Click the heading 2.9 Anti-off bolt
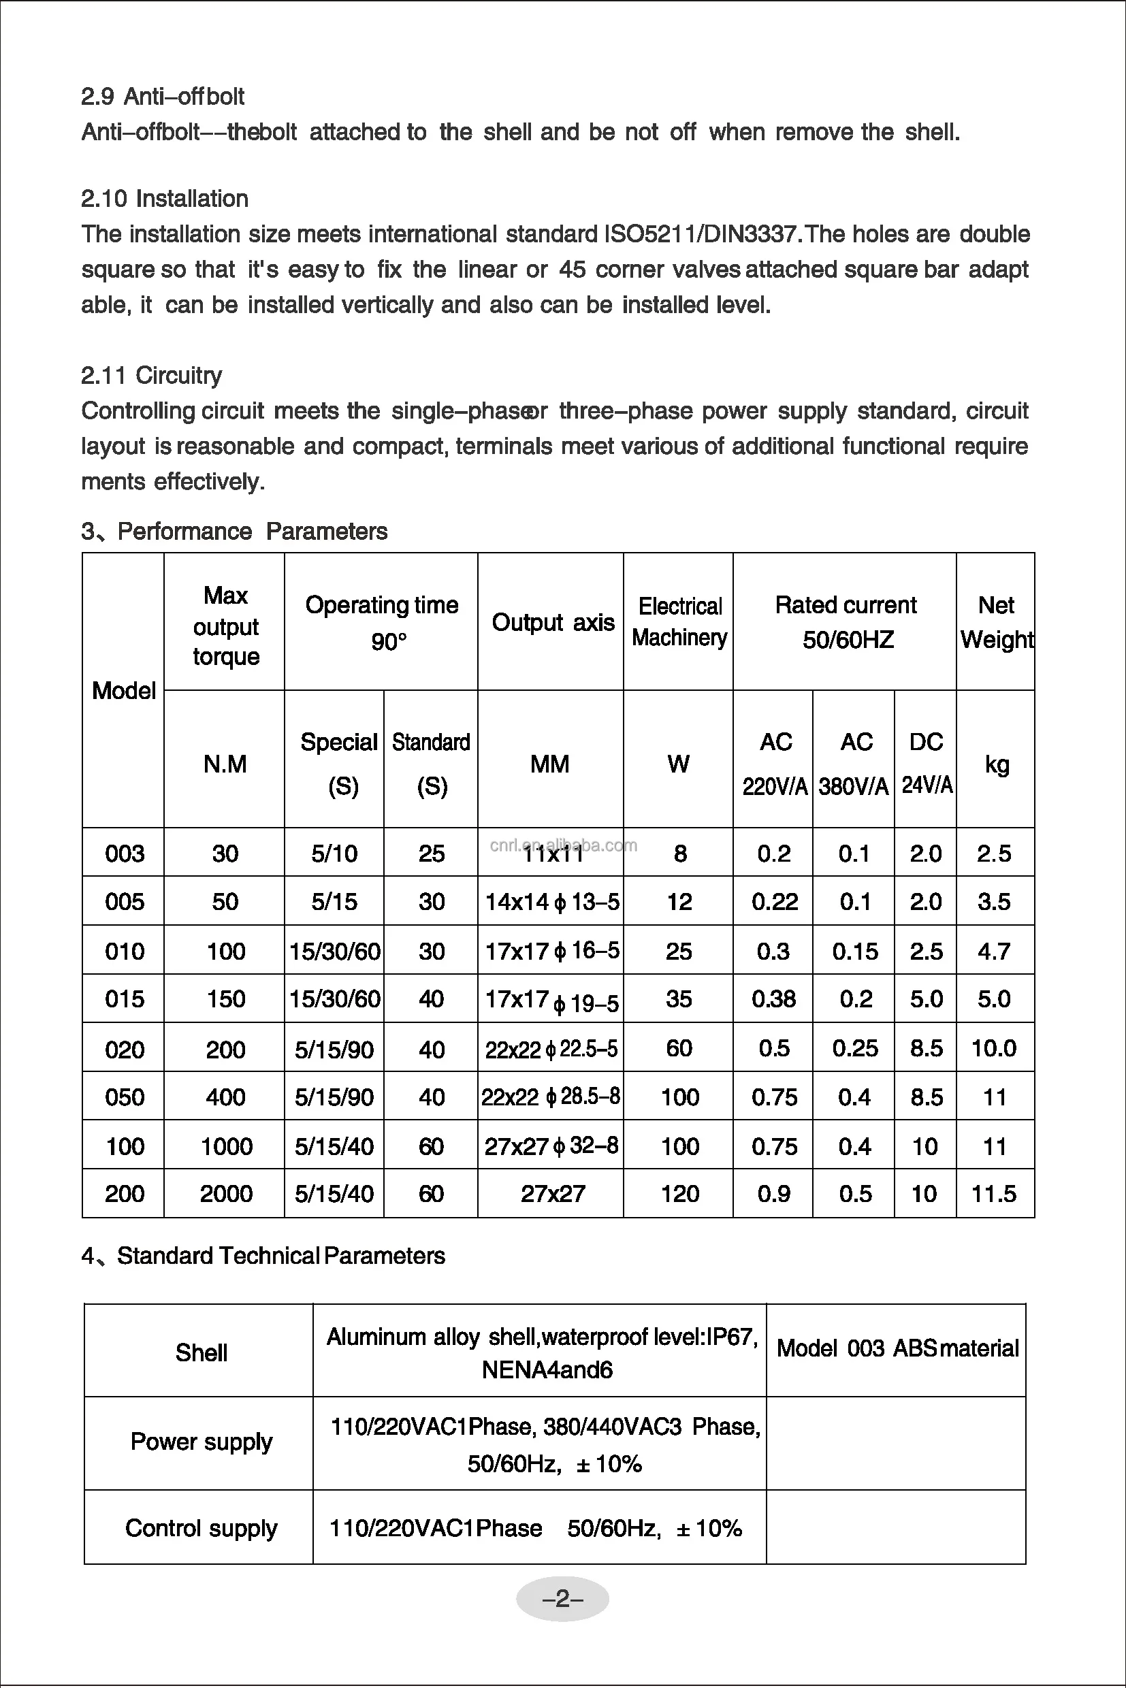pyautogui.click(x=162, y=96)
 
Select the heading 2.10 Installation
pyautogui.click(x=165, y=198)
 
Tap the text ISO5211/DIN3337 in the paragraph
pyautogui.click(x=700, y=234)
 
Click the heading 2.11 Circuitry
pyautogui.click(x=152, y=375)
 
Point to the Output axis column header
pyautogui.click(x=552, y=623)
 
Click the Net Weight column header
pyautogui.click(x=996, y=622)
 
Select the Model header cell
pyautogui.click(x=123, y=690)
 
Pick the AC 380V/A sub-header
pyautogui.click(x=854, y=763)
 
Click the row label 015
pyautogui.click(x=124, y=999)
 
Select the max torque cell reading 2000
pyautogui.click(x=225, y=1193)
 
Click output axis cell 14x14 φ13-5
pyautogui.click(x=551, y=902)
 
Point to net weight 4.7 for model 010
pyautogui.click(x=994, y=952)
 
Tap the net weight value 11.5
pyautogui.click(x=994, y=1193)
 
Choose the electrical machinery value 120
pyautogui.click(x=679, y=1193)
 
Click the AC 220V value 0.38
pyautogui.click(x=773, y=999)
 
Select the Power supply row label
pyautogui.click(x=201, y=1442)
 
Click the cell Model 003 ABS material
pyautogui.click(x=897, y=1348)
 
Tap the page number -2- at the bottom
pyautogui.click(x=562, y=1599)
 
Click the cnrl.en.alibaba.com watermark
pyautogui.click(x=563, y=845)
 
